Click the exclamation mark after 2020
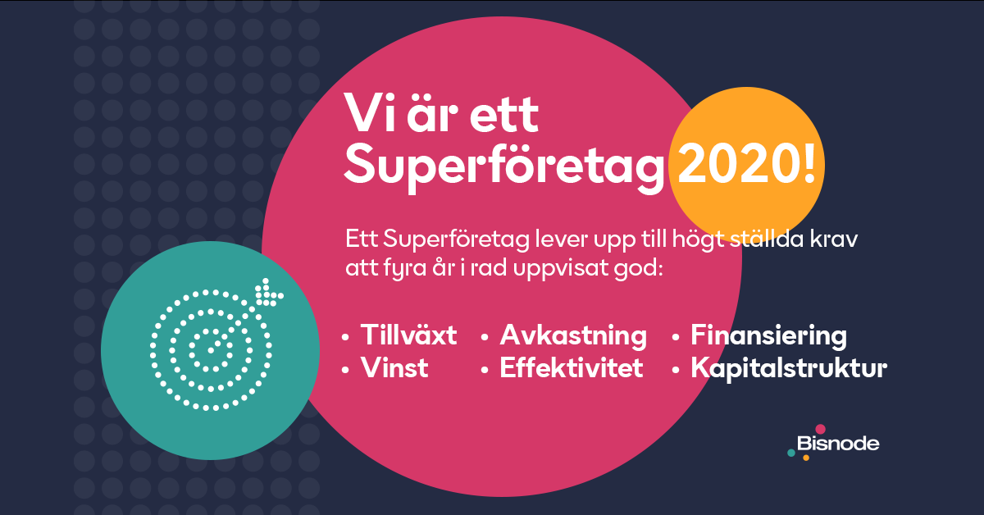[x=809, y=164]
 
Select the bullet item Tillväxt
[x=408, y=335]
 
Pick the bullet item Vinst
[x=394, y=367]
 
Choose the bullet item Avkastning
[x=573, y=336]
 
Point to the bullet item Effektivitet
[x=571, y=367]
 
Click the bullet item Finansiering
[x=769, y=336]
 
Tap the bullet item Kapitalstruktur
[x=789, y=368]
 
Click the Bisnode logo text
[x=838, y=444]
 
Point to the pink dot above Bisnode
[x=820, y=429]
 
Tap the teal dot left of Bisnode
[x=791, y=453]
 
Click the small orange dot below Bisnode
[x=806, y=458]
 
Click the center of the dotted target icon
[x=211, y=350]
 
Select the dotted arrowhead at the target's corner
[x=268, y=292]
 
